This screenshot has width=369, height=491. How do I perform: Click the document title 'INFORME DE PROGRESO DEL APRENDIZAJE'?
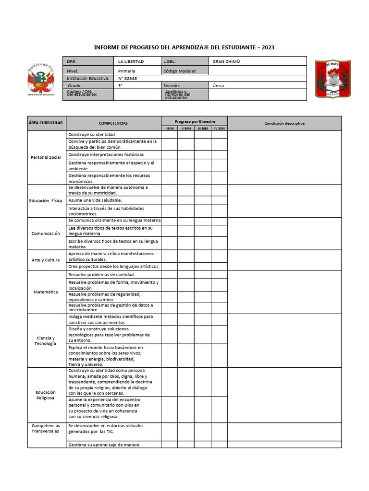pos(184,47)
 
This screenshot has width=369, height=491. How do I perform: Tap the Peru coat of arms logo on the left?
pos(41,80)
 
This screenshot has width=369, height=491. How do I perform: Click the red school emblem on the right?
pos(332,79)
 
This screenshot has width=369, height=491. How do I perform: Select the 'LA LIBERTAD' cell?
pos(131,61)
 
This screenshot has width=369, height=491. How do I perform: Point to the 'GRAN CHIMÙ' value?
pos(226,61)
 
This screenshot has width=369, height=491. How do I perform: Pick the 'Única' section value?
pos(218,85)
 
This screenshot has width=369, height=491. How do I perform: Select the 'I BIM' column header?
pos(170,129)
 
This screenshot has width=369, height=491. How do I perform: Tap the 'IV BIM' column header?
pos(219,129)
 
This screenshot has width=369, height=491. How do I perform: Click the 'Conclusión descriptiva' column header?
pos(284,123)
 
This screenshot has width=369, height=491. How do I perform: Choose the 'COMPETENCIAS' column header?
pos(113,123)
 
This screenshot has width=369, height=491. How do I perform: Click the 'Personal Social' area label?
pos(46,157)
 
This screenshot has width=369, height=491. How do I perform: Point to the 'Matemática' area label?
pos(46,292)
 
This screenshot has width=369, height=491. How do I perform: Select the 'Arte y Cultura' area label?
pos(46,260)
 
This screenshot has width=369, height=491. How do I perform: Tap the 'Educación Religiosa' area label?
pos(46,395)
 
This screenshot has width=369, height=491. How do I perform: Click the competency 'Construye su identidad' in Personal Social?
pos(91,135)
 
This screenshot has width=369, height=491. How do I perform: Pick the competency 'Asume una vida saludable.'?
pos(95,200)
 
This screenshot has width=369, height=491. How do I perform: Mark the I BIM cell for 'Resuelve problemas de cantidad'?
pos(170,275)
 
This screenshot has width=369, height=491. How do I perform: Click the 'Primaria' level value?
pos(127,70)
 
